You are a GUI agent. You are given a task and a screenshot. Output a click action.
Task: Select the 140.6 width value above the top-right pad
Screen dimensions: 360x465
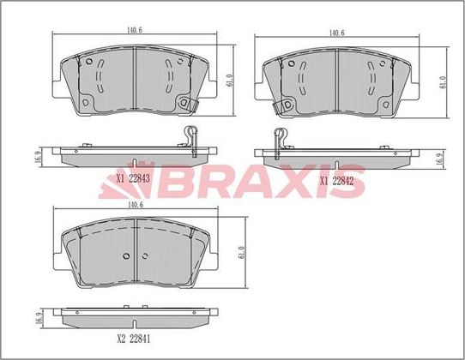coord(337,33)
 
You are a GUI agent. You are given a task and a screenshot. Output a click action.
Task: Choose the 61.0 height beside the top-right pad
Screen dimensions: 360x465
coord(442,81)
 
